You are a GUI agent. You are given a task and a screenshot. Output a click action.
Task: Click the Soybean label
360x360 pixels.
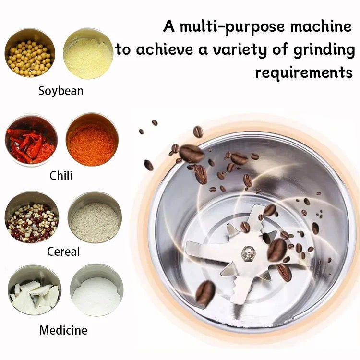[61, 91]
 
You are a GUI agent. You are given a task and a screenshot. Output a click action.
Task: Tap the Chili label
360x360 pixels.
[61, 176]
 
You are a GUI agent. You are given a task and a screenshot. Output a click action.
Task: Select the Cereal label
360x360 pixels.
[63, 252]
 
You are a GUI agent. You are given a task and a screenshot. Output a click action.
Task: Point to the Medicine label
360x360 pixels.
[63, 330]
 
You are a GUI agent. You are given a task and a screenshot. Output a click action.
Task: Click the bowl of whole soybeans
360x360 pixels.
[30, 53]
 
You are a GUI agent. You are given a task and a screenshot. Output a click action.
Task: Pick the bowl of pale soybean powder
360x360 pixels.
[88, 53]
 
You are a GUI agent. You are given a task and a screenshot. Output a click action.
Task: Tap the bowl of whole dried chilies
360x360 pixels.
[31, 140]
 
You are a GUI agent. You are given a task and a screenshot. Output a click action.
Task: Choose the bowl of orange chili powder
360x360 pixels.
[92, 139]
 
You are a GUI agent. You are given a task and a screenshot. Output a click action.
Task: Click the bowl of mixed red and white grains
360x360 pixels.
[32, 217]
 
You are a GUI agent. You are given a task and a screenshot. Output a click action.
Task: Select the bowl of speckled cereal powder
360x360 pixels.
[95, 217]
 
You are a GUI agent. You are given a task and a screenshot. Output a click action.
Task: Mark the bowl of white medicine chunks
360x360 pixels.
[35, 290]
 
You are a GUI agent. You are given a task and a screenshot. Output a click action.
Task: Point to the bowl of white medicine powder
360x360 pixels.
[96, 290]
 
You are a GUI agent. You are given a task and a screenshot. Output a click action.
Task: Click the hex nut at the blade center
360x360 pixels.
[249, 253]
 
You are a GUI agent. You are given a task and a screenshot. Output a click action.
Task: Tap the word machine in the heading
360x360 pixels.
[321, 26]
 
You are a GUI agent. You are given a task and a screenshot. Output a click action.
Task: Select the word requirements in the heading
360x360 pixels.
[304, 72]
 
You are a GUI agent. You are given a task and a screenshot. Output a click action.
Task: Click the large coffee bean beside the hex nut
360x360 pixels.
[277, 250]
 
